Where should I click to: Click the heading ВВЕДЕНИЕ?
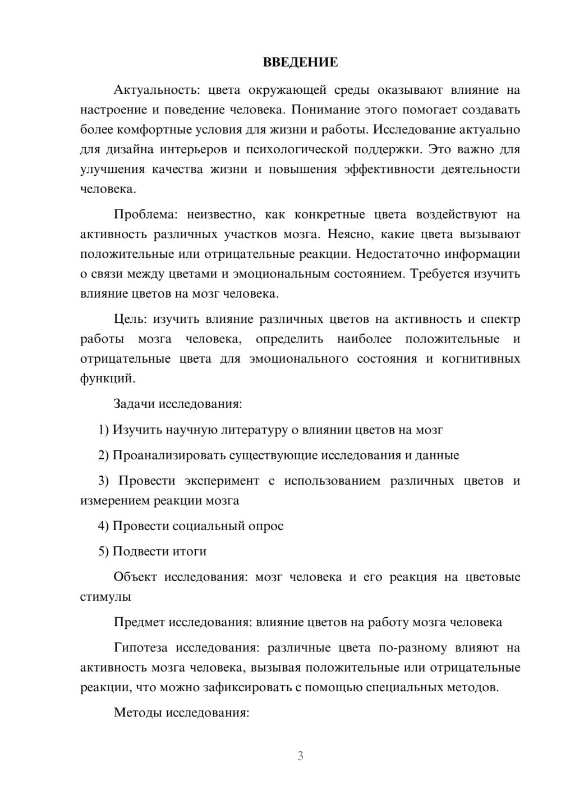point(300,62)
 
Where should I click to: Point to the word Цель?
point(129,320)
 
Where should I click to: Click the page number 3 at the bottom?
point(300,756)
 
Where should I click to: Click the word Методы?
point(135,713)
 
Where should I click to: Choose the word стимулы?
point(105,597)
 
